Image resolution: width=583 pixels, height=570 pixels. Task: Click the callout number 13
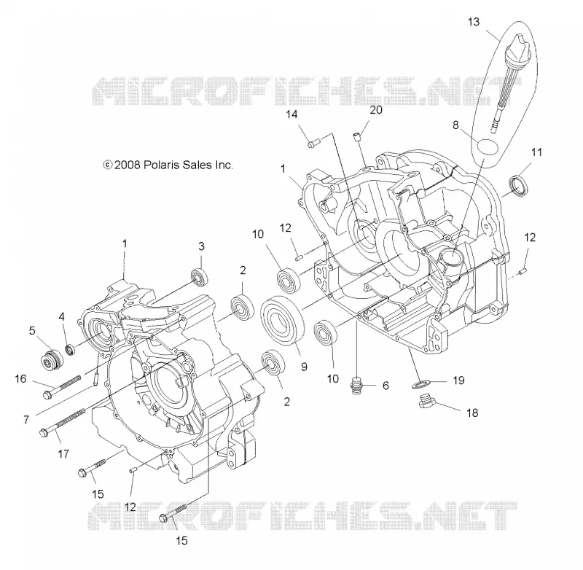pos(473,22)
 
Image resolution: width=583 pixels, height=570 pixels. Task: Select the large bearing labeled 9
pos(283,321)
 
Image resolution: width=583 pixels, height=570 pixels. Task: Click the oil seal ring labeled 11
pos(518,185)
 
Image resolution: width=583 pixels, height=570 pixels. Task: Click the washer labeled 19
pos(420,383)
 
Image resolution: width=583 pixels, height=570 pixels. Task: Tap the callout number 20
pos(376,109)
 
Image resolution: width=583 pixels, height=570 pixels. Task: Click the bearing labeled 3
pos(199,277)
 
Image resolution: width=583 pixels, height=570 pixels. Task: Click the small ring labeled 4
pos(69,350)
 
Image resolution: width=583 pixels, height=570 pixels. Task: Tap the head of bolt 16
pos(47,394)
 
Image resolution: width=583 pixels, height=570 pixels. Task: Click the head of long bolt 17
pos(43,433)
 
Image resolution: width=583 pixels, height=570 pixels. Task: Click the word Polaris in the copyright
pos(160,165)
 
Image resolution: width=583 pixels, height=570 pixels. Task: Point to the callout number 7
pos(26,420)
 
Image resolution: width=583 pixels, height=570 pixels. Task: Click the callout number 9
pos(304,367)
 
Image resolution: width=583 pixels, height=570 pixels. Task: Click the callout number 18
pos(472,413)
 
